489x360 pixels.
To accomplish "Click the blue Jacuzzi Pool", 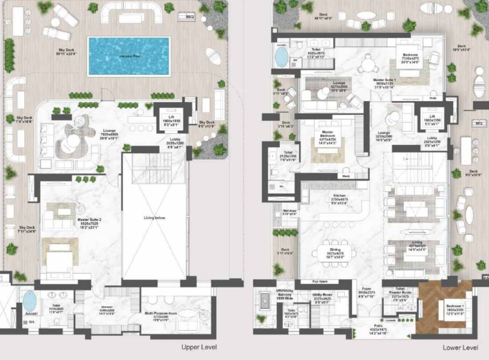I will click(x=129, y=56).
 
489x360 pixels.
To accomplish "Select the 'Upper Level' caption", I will click(x=199, y=347).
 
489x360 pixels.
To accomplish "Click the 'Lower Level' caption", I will click(x=460, y=348).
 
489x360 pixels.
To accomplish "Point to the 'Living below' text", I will click(x=155, y=217).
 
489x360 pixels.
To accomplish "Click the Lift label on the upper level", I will click(x=168, y=115).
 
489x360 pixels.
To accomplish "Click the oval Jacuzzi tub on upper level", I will click(x=29, y=301).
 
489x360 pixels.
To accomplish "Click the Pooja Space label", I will click(x=319, y=282).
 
